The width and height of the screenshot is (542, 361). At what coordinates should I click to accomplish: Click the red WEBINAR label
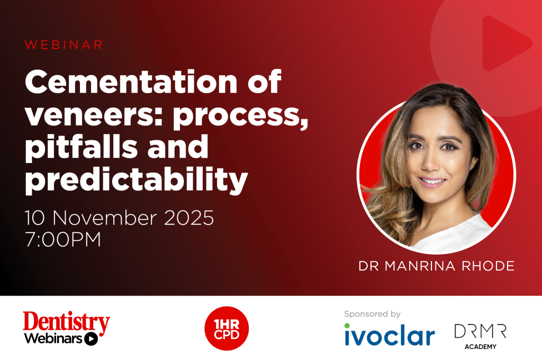[x=64, y=45]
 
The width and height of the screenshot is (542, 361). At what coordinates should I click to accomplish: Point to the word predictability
[x=137, y=180]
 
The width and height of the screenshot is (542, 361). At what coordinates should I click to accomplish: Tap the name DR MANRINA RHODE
[x=436, y=266]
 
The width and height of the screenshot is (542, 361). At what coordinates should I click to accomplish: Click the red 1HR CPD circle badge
[x=227, y=328]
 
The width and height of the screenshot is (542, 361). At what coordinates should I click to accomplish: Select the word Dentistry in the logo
[x=66, y=322]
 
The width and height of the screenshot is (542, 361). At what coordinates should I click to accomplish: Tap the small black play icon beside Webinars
[x=91, y=339]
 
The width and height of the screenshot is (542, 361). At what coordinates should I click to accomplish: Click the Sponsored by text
[x=372, y=314]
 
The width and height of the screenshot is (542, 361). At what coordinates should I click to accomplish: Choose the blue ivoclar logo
[x=389, y=336]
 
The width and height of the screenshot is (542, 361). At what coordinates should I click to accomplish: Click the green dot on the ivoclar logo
[x=347, y=326]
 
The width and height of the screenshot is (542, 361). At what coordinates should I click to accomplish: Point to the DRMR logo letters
[x=480, y=331]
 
